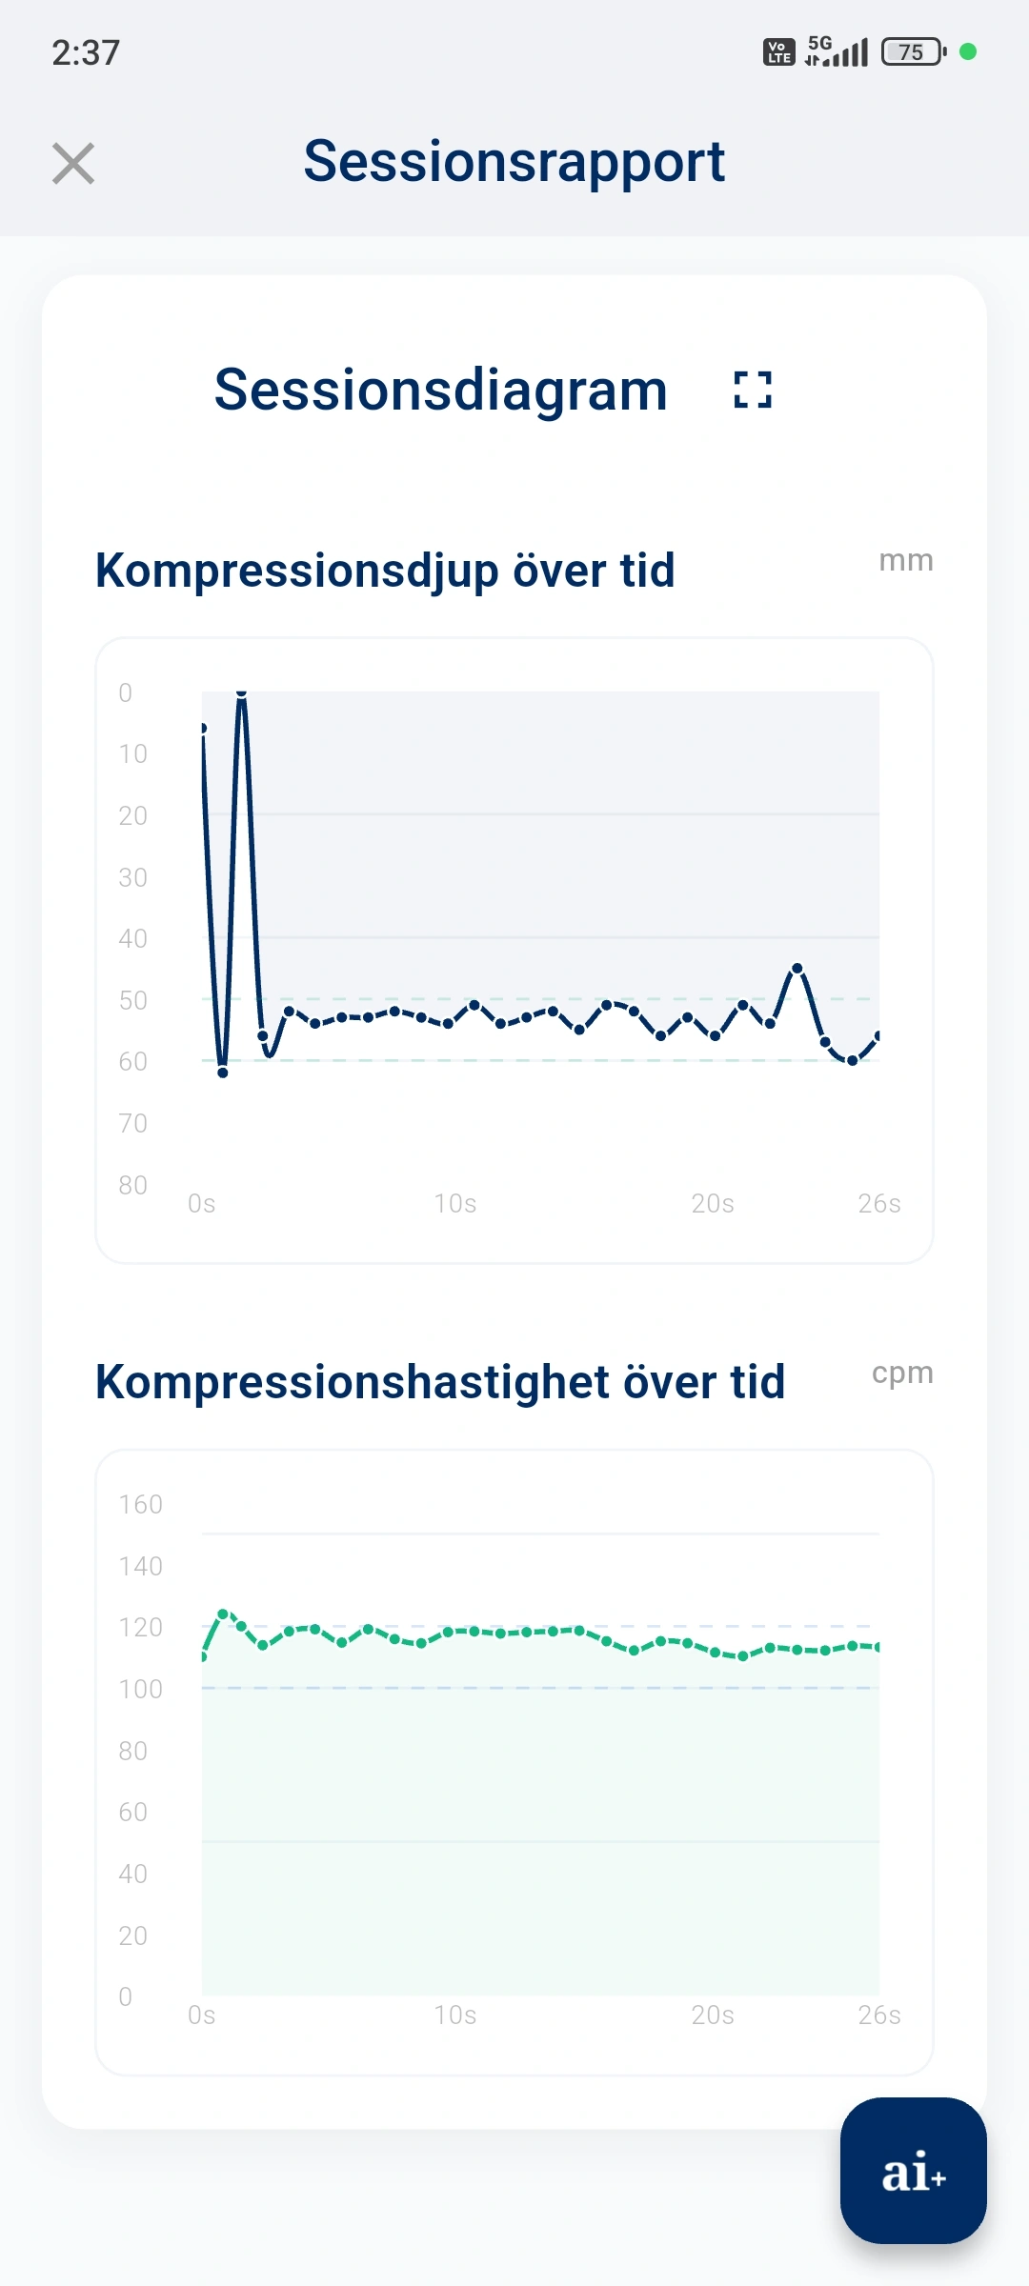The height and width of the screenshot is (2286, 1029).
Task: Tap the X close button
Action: point(73,164)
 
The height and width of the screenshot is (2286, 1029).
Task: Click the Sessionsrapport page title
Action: point(514,161)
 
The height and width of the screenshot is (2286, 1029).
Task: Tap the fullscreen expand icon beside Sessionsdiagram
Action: point(753,390)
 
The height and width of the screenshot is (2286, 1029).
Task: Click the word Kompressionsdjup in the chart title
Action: point(297,571)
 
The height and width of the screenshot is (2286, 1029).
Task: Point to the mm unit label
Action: point(905,560)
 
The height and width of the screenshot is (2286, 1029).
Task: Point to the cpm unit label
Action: point(901,1373)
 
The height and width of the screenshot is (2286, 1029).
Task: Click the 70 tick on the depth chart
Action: point(132,1123)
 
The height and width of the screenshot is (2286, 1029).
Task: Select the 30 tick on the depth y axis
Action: point(132,877)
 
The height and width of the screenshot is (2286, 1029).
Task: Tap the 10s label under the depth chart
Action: point(454,1204)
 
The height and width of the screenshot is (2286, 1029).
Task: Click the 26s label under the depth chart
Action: point(878,1204)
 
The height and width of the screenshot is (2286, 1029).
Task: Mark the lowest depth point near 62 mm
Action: point(223,1072)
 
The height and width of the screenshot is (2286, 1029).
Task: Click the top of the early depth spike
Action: point(242,694)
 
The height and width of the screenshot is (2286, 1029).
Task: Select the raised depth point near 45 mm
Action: point(797,969)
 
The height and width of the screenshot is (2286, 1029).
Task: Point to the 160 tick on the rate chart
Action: point(140,1505)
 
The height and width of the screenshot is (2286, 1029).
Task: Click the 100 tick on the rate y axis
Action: point(140,1690)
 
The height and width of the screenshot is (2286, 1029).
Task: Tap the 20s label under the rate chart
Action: point(712,2015)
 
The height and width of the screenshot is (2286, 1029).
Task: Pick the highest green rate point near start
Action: point(223,1614)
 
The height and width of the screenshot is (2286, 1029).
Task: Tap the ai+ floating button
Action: point(913,2171)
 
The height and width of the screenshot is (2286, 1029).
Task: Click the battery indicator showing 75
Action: point(912,51)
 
